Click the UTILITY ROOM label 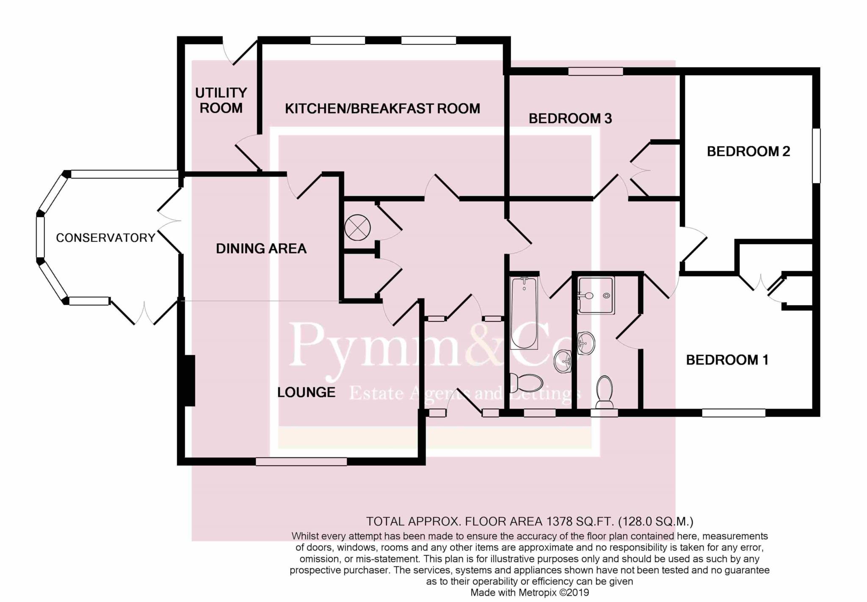pos(221,100)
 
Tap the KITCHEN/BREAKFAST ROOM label pos(382,109)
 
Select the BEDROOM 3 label pos(570,119)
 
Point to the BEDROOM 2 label pos(748,151)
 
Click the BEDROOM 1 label pos(726,360)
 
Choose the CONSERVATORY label pos(105,238)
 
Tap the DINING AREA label pos(261,249)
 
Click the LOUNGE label pos(306,392)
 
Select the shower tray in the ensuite pos(596,295)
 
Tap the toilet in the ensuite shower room pos(605,392)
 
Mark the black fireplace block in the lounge pos(190,381)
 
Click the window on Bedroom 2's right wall pos(816,155)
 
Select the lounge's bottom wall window pos(301,461)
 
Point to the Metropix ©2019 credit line pos(529,593)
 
